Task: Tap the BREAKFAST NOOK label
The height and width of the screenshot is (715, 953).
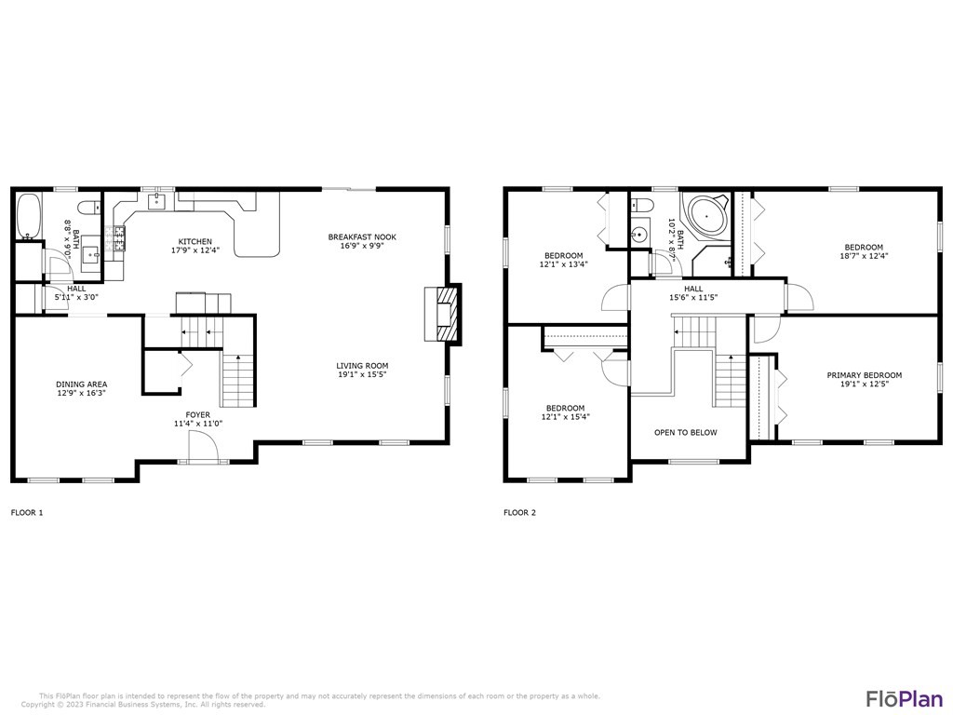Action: tap(362, 237)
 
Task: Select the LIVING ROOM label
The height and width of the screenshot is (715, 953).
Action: tap(362, 366)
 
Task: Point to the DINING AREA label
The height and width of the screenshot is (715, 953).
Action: tap(82, 384)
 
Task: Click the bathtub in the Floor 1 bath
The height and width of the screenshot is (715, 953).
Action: tap(29, 216)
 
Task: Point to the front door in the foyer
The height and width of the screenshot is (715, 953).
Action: tap(203, 451)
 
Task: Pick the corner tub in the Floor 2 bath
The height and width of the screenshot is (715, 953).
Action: tap(709, 217)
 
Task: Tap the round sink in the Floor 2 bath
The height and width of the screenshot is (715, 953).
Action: tap(639, 234)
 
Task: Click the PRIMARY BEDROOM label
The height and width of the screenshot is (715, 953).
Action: tap(865, 375)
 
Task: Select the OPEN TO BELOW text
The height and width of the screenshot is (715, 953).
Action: tap(686, 432)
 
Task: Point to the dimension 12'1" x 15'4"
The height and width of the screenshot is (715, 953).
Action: tap(565, 417)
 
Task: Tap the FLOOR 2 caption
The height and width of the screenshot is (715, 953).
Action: tap(519, 512)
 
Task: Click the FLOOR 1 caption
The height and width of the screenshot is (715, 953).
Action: tap(26, 512)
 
